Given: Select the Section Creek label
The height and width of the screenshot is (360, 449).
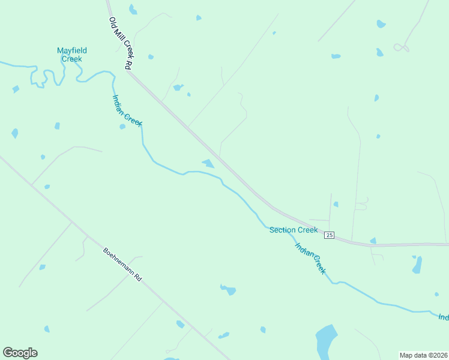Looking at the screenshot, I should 293,230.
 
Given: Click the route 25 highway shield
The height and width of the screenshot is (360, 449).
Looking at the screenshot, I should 329,235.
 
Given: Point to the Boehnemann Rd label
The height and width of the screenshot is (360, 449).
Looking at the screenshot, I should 122,265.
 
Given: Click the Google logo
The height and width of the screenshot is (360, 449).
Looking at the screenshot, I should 20,353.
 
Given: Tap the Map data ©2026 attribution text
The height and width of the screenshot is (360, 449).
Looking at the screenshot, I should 423,355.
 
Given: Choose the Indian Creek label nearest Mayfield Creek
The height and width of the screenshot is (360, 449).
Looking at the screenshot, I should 127,110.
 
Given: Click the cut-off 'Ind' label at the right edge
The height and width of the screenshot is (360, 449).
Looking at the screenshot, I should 443,317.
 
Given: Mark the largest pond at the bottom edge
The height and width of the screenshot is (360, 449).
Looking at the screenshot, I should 326,340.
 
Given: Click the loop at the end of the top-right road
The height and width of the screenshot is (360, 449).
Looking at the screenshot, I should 401,47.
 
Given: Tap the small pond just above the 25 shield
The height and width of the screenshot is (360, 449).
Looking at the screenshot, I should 336,204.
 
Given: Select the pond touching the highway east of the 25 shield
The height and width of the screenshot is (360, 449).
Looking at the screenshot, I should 373,241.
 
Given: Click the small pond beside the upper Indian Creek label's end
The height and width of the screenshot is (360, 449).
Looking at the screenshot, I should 122,127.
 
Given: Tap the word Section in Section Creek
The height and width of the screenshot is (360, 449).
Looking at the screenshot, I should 282,230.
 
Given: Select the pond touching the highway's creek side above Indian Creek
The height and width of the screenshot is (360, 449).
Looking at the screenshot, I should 208,163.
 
